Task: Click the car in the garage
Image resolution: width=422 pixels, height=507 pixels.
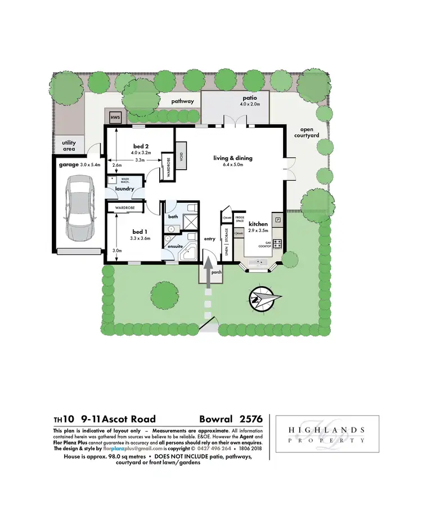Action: point(79,207)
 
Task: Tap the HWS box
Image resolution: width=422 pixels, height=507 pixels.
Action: point(115,117)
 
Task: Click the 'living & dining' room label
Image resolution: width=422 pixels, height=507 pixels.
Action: point(232,158)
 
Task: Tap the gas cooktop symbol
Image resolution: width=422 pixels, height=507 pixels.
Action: point(278,245)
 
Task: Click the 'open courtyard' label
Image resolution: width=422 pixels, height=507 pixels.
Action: point(307,132)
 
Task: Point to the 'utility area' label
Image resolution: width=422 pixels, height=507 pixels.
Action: point(69,146)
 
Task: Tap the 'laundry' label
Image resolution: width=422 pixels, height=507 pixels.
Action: point(124,189)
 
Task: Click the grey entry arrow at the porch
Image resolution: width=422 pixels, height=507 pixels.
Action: point(207,273)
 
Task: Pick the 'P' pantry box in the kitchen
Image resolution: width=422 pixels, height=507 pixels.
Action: point(277,217)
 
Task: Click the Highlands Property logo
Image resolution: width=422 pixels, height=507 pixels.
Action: point(326,435)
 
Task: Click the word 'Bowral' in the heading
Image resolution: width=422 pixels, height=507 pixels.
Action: point(215,419)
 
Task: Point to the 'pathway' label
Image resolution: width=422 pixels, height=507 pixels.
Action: point(183,101)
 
